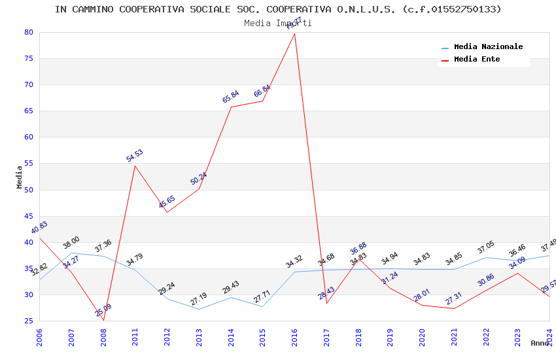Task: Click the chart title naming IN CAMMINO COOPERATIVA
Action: (x=278, y=9)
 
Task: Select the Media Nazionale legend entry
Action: (x=488, y=47)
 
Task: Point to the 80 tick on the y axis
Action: (x=28, y=32)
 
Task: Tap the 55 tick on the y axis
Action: (x=28, y=164)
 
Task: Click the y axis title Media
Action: (x=20, y=177)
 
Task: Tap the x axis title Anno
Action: (x=540, y=343)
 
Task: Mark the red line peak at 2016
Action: (x=295, y=33)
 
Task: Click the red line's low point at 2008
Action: (x=103, y=320)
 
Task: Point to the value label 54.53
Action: (x=135, y=156)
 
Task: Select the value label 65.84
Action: (x=231, y=97)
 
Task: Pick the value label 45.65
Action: (x=167, y=202)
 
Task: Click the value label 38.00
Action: (x=71, y=243)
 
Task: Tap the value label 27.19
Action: (x=198, y=300)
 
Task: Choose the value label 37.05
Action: (x=486, y=248)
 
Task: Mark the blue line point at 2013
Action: (x=199, y=309)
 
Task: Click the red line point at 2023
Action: (x=518, y=273)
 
